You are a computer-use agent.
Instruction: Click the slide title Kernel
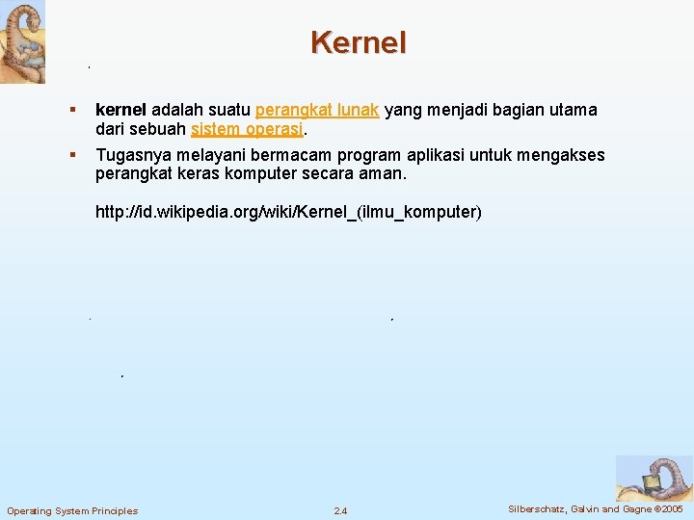[x=359, y=42]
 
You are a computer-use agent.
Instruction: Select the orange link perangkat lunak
[x=317, y=111]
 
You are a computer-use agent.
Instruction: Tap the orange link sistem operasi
[x=248, y=130]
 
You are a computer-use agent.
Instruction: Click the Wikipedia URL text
[x=288, y=212]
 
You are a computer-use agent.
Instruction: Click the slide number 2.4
[x=340, y=510]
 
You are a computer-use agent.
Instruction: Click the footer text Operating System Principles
[x=72, y=510]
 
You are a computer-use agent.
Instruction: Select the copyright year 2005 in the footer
[x=668, y=508]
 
